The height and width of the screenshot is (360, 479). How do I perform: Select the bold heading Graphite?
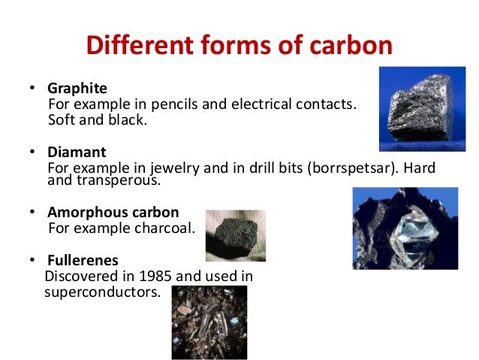point(74,89)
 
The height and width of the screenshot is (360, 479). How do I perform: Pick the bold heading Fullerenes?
point(82,261)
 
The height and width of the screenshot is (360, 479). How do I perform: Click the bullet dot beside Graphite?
point(32,89)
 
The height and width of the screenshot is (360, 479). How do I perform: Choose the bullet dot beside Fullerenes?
point(32,262)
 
